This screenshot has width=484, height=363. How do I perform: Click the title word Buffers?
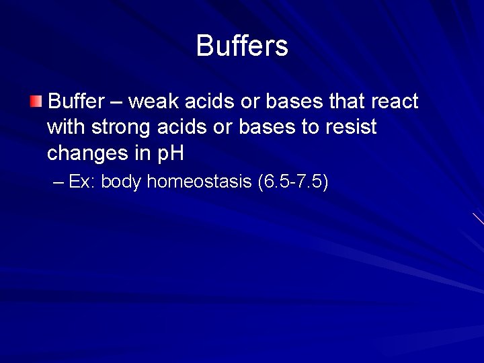(x=242, y=46)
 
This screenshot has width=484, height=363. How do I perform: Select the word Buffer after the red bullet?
(x=77, y=102)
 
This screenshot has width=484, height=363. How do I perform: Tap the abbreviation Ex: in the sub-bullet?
(x=82, y=182)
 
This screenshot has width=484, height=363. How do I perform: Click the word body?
(x=121, y=182)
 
